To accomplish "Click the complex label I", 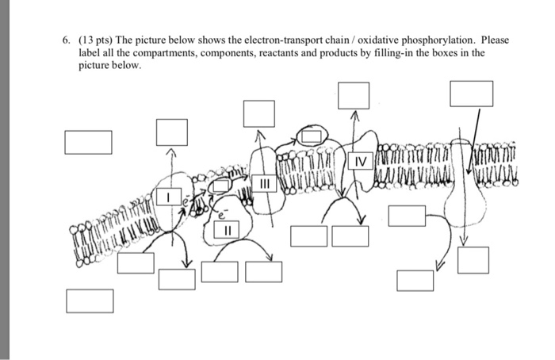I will point(167,195).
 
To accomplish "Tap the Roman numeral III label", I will point(266,184).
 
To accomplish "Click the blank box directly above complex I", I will point(171,132).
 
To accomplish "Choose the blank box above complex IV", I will point(354,95).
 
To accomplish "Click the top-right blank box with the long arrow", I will point(465,94).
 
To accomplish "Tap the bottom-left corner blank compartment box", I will point(89,301).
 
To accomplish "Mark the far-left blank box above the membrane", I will point(88,142).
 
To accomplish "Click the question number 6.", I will point(68,40).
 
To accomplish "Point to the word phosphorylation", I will point(453,40).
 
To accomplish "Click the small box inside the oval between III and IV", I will point(312,136).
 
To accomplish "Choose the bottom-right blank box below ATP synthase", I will point(473,260).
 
